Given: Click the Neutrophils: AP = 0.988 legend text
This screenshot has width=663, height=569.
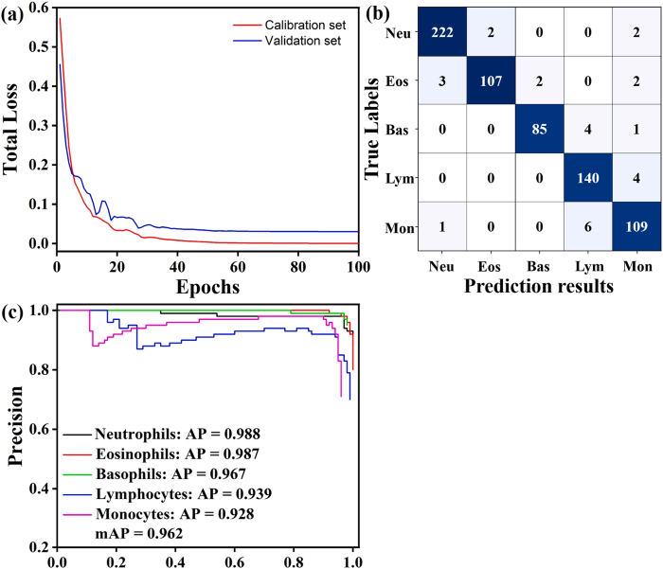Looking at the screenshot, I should (x=176, y=434).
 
